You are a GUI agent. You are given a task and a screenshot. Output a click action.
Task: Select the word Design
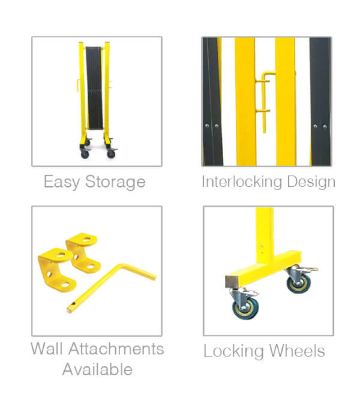312,182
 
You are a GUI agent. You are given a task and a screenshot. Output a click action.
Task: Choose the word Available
97,369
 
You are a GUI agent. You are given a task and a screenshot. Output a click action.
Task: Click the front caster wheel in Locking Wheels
245,309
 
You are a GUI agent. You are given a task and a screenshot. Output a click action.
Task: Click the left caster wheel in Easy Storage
85,154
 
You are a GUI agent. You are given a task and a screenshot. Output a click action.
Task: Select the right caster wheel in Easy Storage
111,154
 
